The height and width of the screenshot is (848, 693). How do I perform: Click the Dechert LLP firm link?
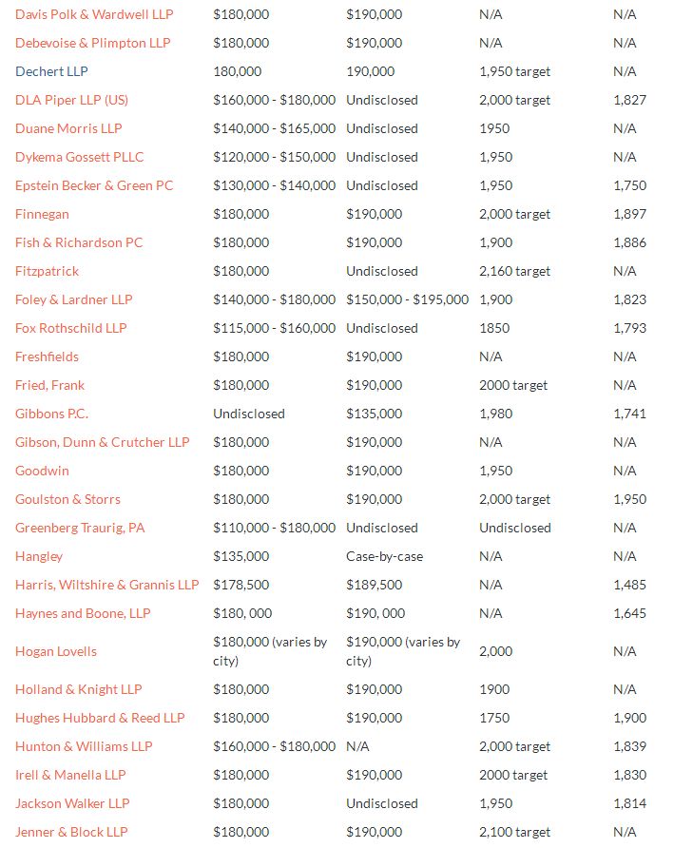(51, 71)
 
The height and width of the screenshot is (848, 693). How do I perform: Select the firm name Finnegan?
(42, 214)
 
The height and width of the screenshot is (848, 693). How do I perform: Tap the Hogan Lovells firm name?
(56, 651)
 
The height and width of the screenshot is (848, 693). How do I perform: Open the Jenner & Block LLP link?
(71, 832)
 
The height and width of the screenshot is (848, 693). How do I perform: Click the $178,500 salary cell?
(241, 585)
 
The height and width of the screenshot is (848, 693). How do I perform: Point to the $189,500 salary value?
(375, 585)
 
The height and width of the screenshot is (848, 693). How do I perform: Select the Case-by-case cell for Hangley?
(385, 556)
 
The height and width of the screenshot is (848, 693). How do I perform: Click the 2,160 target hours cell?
(514, 271)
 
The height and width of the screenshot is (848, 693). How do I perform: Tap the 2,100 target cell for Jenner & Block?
(514, 832)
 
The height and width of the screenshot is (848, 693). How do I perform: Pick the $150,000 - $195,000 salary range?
(408, 299)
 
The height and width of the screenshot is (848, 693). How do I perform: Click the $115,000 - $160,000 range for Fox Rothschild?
(275, 328)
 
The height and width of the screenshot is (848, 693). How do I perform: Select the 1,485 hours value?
(629, 585)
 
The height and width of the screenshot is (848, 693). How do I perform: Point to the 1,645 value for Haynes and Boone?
(629, 613)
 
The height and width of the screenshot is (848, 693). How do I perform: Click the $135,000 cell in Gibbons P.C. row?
(375, 414)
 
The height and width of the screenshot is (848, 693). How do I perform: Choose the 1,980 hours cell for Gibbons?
(495, 414)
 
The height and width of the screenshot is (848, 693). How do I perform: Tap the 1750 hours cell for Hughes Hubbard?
(494, 718)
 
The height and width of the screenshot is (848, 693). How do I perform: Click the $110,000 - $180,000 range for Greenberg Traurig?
(275, 528)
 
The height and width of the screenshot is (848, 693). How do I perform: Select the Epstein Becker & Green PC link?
(94, 185)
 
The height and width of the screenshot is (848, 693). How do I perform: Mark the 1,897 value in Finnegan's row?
(629, 214)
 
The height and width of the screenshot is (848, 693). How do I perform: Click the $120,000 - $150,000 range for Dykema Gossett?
(275, 157)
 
